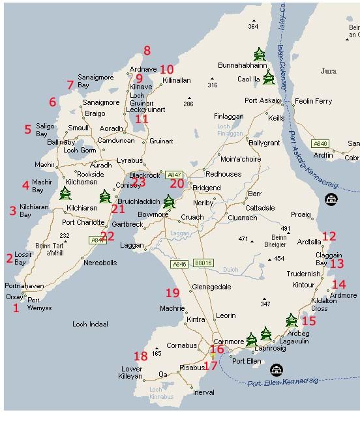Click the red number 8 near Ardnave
pyautogui.click(x=147, y=51)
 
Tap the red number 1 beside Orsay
pyautogui.click(x=16, y=308)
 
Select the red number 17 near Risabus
pyautogui.click(x=210, y=366)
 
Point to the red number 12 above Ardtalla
pyautogui.click(x=329, y=237)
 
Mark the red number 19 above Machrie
pyautogui.click(x=172, y=293)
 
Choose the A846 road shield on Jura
pyautogui.click(x=320, y=143)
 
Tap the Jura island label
pyautogui.click(x=329, y=70)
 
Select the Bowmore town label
pyautogui.click(x=151, y=214)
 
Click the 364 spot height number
pyautogui.click(x=253, y=26)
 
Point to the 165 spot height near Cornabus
pyautogui.click(x=157, y=353)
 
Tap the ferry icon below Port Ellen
pyautogui.click(x=277, y=369)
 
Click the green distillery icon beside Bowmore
pyautogui.click(x=169, y=201)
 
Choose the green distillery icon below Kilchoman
pyautogui.click(x=65, y=194)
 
